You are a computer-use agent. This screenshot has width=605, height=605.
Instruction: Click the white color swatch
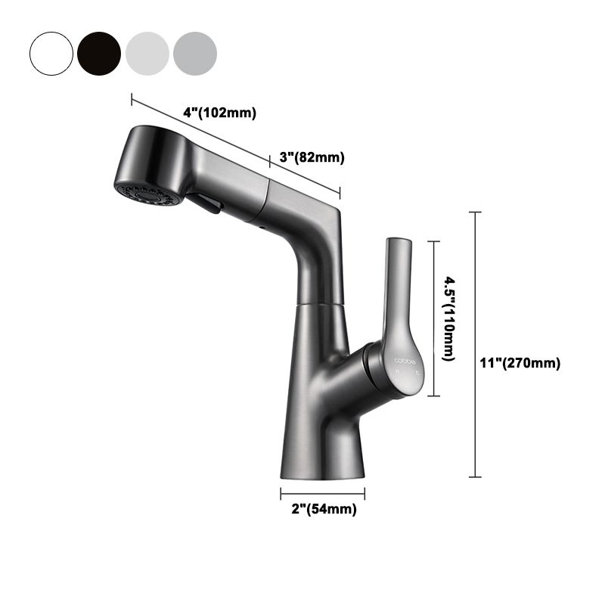tap(51, 52)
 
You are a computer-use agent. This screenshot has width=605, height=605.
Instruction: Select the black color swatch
tap(98, 52)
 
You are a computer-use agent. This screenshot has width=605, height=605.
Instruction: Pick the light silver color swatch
tap(147, 52)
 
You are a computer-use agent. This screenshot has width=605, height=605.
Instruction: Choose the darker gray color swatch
tap(195, 52)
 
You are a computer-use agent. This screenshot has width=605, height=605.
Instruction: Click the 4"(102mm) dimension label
tap(220, 113)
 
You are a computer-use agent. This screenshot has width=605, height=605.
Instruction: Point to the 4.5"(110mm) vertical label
tap(448, 318)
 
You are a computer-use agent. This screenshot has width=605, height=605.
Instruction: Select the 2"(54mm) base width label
tap(324, 509)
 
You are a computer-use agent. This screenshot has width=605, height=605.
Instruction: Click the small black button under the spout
tap(206, 202)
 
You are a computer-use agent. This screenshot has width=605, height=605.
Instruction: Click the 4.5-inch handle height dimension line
tap(433, 318)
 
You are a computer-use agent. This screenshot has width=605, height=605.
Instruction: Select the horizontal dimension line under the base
tap(323, 494)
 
